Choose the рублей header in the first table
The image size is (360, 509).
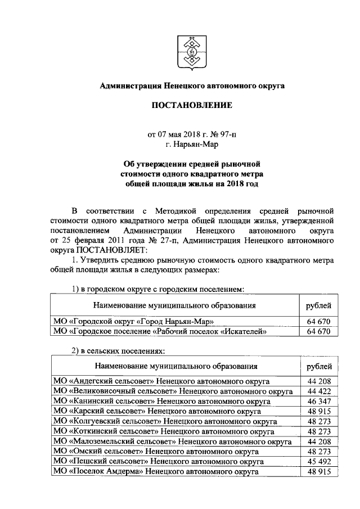pyautogui.click(x=318, y=305)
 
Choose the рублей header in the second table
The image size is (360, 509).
pyautogui.click(x=318, y=366)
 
